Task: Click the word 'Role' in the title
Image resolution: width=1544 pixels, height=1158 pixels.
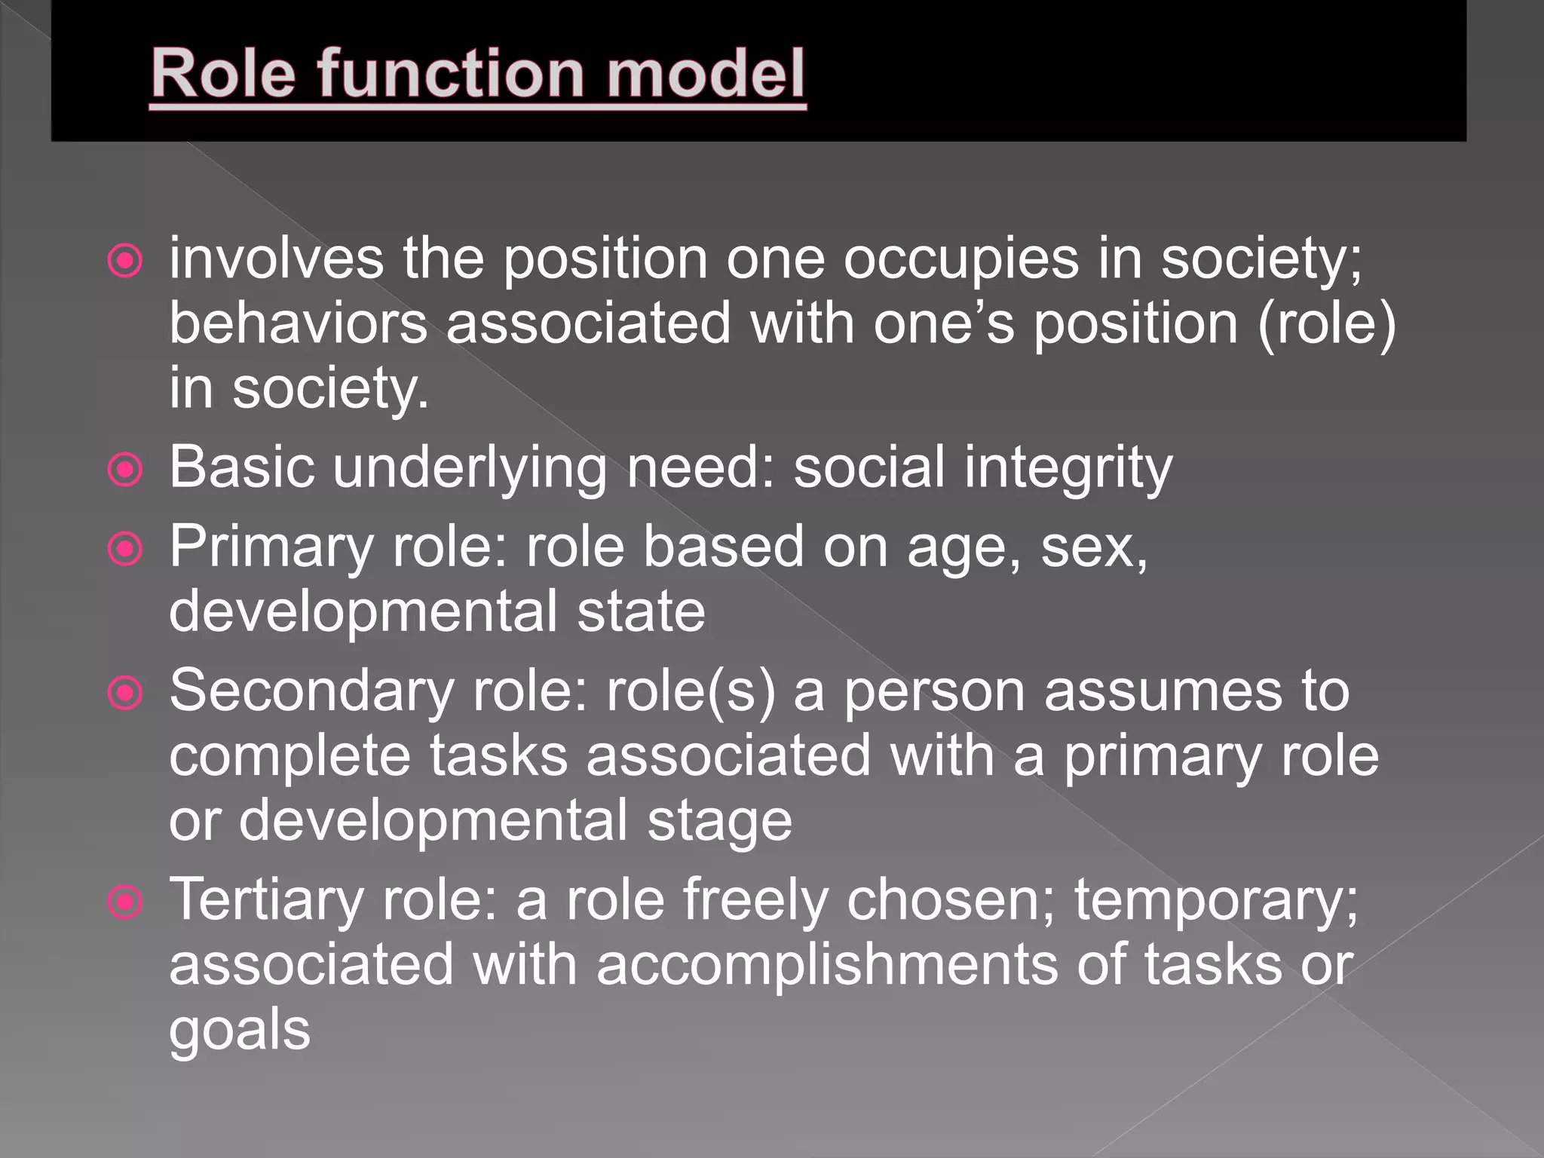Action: (x=223, y=73)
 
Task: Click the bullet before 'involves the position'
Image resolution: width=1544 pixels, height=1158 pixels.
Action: (x=125, y=262)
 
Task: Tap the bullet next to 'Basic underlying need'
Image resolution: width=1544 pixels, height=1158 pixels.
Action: (x=125, y=470)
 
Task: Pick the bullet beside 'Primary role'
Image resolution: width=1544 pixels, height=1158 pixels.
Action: (x=125, y=549)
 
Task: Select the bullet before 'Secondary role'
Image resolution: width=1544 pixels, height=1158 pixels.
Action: (x=125, y=694)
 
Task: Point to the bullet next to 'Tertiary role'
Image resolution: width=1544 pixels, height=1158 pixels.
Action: (x=125, y=902)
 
